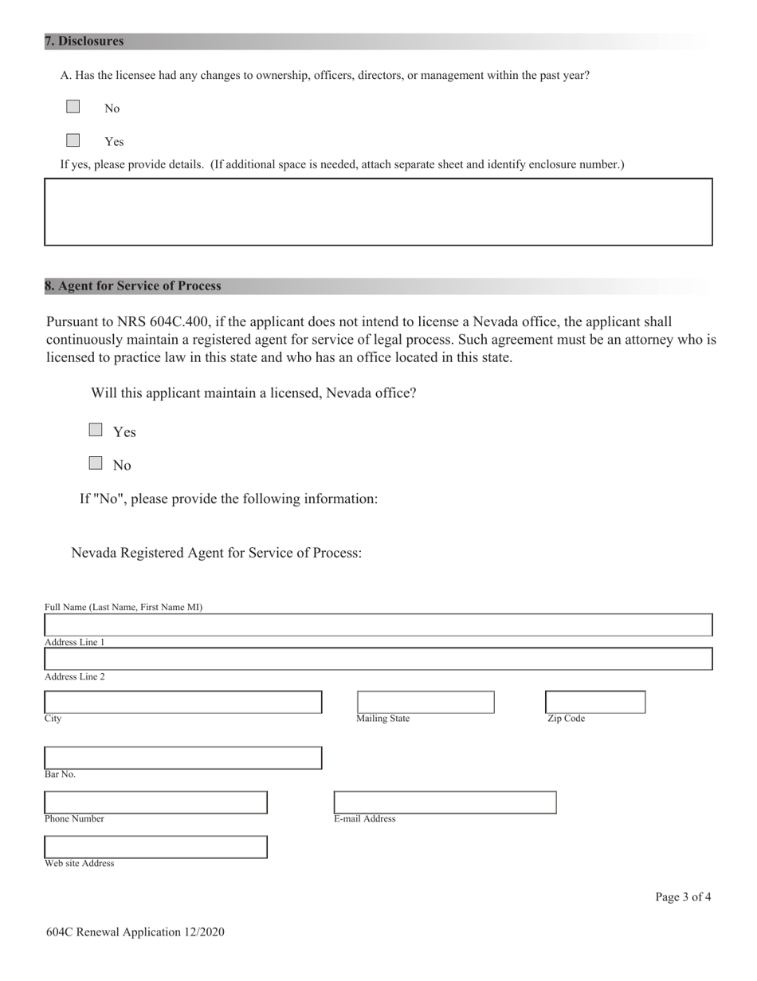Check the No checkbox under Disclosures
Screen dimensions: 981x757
point(73,107)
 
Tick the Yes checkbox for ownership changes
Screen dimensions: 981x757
point(73,140)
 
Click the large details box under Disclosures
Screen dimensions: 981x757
point(378,211)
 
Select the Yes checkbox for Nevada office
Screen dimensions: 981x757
point(96,430)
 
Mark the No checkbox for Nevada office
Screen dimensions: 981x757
point(96,463)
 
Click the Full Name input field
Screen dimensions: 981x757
point(378,624)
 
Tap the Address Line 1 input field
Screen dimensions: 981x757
point(378,659)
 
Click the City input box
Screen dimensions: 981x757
point(182,702)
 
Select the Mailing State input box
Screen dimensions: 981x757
point(426,702)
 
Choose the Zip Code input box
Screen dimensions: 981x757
point(595,702)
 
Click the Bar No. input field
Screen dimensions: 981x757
point(182,758)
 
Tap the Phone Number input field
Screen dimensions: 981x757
point(155,802)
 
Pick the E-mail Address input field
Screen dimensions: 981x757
point(445,802)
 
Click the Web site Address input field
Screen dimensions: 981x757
point(155,847)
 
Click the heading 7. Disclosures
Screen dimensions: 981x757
point(84,41)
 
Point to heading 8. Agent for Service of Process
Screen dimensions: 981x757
point(133,286)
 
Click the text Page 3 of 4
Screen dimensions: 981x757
point(683,897)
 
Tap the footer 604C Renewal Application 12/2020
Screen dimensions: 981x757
point(135,932)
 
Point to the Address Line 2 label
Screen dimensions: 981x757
point(75,677)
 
